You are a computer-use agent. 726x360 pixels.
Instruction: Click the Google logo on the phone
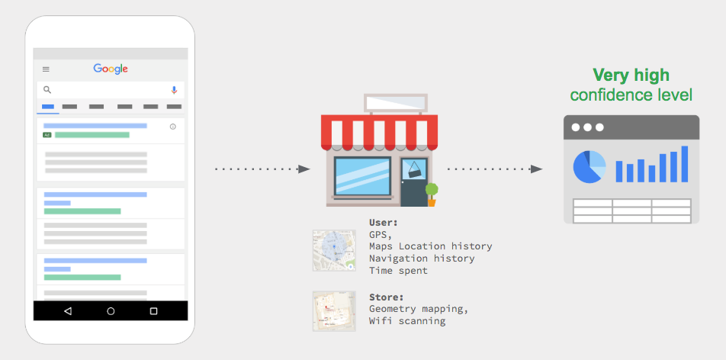coord(111,69)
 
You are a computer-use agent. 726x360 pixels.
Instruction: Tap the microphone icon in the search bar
coord(174,90)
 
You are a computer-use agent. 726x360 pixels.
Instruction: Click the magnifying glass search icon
coord(47,90)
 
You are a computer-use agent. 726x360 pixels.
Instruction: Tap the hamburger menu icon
coord(46,69)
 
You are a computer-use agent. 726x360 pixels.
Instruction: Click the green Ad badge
coord(47,135)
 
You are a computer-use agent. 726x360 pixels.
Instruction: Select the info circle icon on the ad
coord(172,127)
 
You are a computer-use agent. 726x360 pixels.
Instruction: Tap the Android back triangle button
coord(68,311)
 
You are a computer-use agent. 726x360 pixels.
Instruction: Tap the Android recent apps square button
coord(154,311)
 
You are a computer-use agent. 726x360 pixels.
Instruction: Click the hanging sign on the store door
coord(414,169)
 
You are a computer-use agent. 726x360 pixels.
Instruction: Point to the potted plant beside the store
coord(432,194)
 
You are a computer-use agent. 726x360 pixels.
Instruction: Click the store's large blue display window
coord(362,176)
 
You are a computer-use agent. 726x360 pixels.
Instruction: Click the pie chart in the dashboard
coord(589,167)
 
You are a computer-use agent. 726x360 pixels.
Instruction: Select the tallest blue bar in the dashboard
coord(684,164)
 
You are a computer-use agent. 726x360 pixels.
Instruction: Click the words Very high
coord(631,75)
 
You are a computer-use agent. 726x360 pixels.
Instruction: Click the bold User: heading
coord(384,222)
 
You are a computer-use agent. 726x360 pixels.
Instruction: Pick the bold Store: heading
coord(386,297)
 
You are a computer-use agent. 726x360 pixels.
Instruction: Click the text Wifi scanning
coord(407,320)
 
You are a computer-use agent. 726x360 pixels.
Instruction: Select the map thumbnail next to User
coord(334,250)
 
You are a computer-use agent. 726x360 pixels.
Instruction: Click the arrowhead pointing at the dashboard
coord(537,169)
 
